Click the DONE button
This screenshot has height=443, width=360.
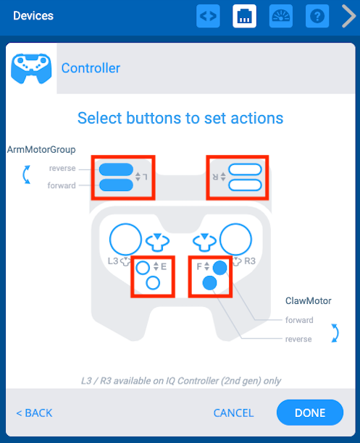pyautogui.click(x=309, y=413)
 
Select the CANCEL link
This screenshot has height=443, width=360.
pyautogui.click(x=233, y=413)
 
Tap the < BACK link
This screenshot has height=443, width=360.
pyautogui.click(x=34, y=413)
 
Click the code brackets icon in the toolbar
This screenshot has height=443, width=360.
pyautogui.click(x=209, y=16)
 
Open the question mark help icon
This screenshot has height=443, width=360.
pyautogui.click(x=317, y=16)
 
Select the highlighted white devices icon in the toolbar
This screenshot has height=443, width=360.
pyautogui.click(x=244, y=16)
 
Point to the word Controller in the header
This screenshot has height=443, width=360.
pyautogui.click(x=91, y=69)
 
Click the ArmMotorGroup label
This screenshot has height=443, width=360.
pyautogui.click(x=41, y=150)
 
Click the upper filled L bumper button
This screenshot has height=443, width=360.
pyautogui.click(x=116, y=170)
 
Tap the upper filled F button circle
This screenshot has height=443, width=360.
pyautogui.click(x=220, y=267)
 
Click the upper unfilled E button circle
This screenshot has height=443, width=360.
pyautogui.click(x=143, y=267)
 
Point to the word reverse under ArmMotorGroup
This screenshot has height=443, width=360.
pyautogui.click(x=62, y=169)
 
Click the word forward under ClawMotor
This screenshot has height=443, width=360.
pyautogui.click(x=299, y=320)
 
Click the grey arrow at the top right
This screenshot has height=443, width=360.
pyautogui.click(x=348, y=16)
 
